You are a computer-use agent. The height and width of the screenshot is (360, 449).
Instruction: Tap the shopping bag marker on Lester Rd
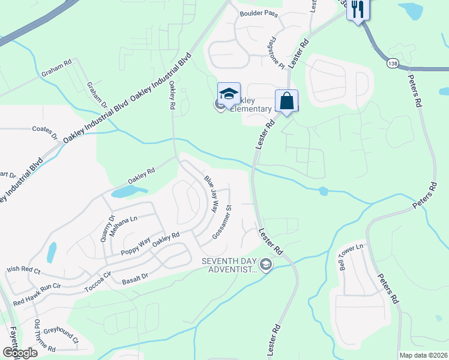287,100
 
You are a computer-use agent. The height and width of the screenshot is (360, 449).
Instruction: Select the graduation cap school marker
229,94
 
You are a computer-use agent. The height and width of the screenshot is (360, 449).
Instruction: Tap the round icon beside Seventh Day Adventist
265,264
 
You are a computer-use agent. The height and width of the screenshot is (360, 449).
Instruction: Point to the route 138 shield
393,63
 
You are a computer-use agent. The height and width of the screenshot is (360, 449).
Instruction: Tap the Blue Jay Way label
210,194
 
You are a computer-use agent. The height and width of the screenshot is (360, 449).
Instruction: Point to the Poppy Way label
135,250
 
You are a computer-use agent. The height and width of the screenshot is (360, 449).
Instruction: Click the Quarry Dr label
107,228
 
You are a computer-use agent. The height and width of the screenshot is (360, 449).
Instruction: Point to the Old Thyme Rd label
46,336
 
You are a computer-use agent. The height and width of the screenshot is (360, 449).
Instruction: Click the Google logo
20,353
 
